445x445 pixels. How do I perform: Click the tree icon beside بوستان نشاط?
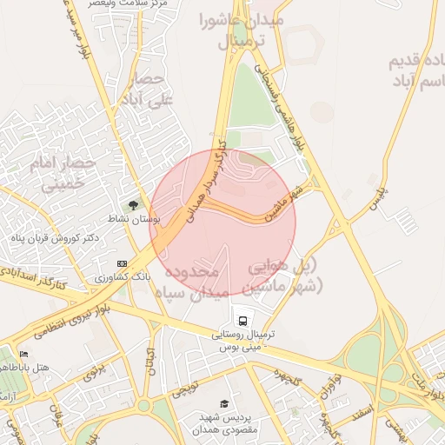[x=132, y=206]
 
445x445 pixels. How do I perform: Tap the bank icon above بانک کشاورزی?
[x=121, y=262]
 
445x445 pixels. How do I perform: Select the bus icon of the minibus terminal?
[x=241, y=318]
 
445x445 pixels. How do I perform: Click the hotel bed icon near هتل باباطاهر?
[x=23, y=355]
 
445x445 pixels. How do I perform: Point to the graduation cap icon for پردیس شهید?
[x=225, y=403]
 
